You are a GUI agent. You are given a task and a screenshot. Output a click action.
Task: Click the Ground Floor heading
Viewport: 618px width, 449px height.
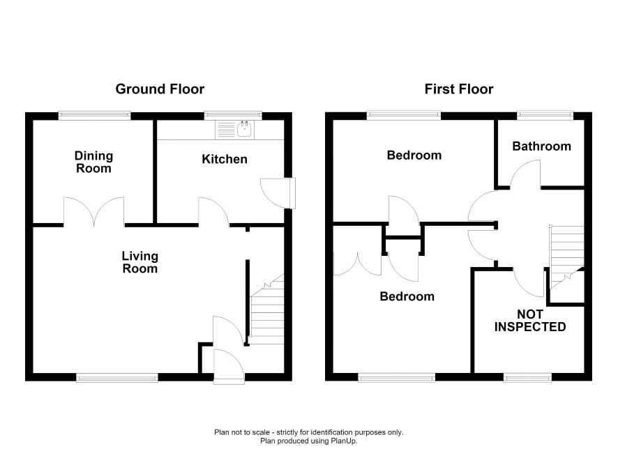pyautogui.click(x=160, y=89)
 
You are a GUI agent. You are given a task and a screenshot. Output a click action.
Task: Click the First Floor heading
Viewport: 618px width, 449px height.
pyautogui.click(x=459, y=89)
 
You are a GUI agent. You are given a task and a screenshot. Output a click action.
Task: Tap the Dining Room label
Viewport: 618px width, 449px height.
pyautogui.click(x=93, y=162)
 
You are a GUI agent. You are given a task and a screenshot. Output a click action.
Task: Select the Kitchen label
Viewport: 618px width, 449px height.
pyautogui.click(x=225, y=159)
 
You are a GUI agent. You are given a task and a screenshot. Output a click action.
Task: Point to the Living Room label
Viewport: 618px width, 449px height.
pyautogui.click(x=140, y=262)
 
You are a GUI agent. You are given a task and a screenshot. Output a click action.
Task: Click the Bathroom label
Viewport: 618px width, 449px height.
pyautogui.click(x=541, y=146)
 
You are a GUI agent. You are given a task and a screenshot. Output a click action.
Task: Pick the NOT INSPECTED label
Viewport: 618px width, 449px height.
pyautogui.click(x=530, y=321)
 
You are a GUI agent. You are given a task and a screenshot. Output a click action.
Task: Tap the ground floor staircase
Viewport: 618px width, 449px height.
pyautogui.click(x=267, y=309)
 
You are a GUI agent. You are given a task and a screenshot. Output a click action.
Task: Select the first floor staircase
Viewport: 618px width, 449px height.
pyautogui.click(x=567, y=257)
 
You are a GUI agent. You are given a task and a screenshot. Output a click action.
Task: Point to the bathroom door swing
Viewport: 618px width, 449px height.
pyautogui.click(x=525, y=174)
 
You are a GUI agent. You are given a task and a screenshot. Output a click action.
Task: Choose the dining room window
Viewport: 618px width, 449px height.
pyautogui.click(x=95, y=115)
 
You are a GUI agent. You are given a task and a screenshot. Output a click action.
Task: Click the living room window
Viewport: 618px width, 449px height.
pyautogui.click(x=117, y=378)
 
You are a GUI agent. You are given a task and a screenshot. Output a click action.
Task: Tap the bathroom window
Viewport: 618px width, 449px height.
pyautogui.click(x=545, y=115)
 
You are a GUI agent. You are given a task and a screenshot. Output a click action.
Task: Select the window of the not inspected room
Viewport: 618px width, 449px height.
pyautogui.click(x=528, y=378)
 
